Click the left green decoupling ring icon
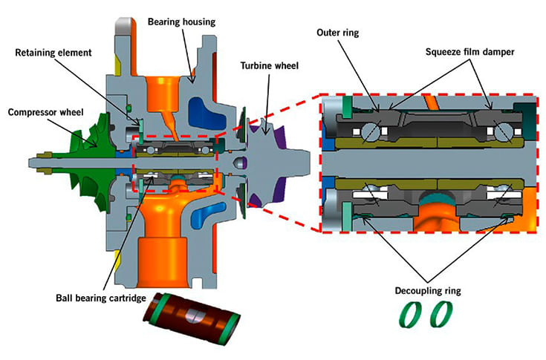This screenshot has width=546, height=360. tap(413, 316)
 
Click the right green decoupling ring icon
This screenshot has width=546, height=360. tap(441, 316)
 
